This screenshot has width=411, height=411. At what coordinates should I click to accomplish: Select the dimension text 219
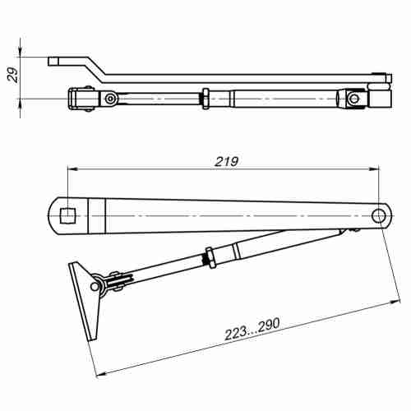tap(226, 162)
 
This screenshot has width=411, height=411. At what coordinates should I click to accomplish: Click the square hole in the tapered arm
tap(69, 215)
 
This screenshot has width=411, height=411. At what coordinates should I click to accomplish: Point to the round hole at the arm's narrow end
tap(379, 215)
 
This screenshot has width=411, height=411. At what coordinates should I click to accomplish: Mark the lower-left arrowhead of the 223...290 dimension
tap(99, 375)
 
